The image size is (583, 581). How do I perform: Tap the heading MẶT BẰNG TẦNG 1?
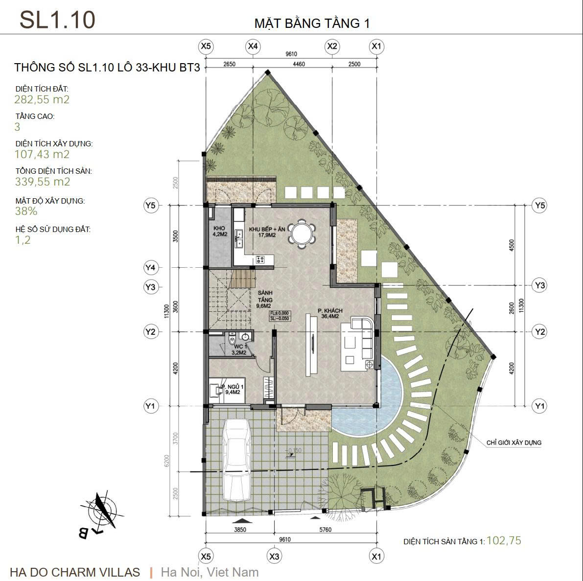[x=312, y=23]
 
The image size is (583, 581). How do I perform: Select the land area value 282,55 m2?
[x=42, y=99]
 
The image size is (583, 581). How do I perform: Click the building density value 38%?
[x=25, y=211]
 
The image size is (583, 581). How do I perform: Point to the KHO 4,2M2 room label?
[x=219, y=232]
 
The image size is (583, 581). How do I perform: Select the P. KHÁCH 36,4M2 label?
[x=329, y=313]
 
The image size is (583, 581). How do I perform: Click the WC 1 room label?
[x=238, y=349]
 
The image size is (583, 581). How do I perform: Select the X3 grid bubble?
[x=275, y=557]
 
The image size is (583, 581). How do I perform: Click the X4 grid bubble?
[x=253, y=46]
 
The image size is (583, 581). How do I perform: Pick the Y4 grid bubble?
[x=150, y=268]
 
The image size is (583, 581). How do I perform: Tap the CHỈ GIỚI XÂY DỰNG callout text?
[x=514, y=442]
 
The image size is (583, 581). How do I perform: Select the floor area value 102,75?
[x=504, y=540]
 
